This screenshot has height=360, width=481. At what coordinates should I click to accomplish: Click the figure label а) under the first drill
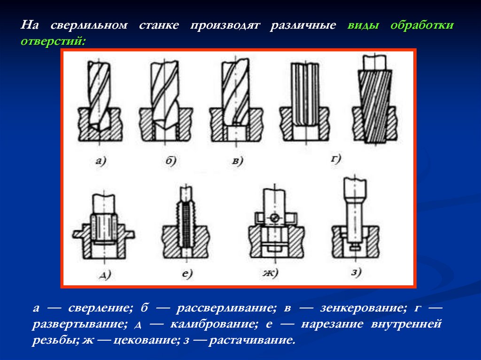pyautogui.click(x=101, y=161)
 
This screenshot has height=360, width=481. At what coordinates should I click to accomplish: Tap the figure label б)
pyautogui.click(x=171, y=160)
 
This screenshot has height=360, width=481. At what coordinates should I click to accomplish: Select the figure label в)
pyautogui.click(x=238, y=161)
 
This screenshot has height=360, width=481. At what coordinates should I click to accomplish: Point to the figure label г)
pyautogui.click(x=336, y=159)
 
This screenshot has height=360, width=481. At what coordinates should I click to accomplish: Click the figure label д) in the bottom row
pyautogui.click(x=105, y=275)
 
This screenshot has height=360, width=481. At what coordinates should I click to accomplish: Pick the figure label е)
pyautogui.click(x=187, y=274)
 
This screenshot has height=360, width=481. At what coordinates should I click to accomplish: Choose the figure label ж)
pyautogui.click(x=270, y=273)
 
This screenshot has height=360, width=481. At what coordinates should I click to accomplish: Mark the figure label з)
pyautogui.click(x=356, y=272)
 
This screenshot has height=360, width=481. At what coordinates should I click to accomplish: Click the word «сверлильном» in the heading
pyautogui.click(x=89, y=25)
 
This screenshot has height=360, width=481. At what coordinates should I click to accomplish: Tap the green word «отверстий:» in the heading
pyautogui.click(x=53, y=41)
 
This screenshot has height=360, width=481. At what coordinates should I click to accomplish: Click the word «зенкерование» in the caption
pyautogui.click(x=364, y=307)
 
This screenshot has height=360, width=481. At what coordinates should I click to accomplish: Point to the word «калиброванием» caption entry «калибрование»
pyautogui.click(x=214, y=324)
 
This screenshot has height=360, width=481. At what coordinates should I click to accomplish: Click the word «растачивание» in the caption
pyautogui.click(x=252, y=340)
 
